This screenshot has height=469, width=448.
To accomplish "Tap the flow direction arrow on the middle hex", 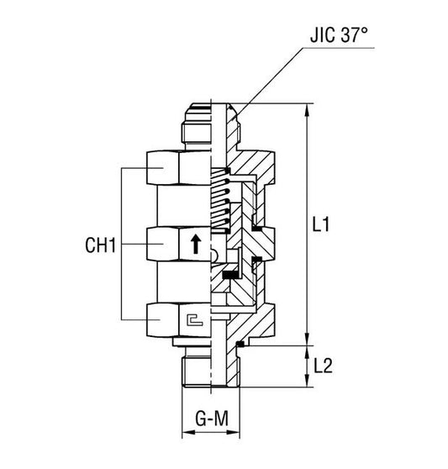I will (195, 245).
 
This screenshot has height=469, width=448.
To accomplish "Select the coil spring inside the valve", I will (219, 202).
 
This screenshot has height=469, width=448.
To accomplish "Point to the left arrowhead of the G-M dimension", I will (186, 436).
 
